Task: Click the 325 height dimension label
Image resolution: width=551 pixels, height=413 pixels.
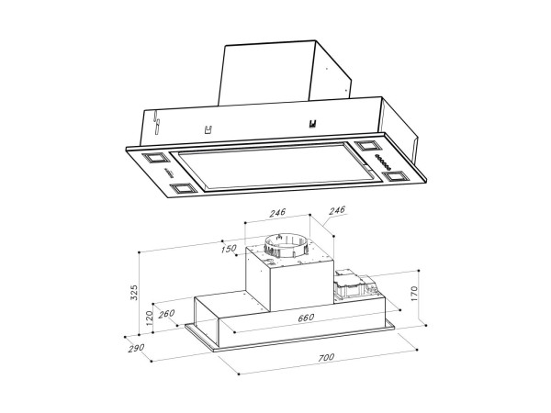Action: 134,293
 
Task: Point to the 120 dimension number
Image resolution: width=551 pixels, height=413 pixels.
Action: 150,318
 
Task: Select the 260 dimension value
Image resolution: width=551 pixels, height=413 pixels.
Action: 166,313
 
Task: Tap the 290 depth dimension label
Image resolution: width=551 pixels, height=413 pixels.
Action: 136,348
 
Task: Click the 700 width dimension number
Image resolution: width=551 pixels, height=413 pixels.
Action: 326,358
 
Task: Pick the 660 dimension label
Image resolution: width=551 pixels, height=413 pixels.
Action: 306,318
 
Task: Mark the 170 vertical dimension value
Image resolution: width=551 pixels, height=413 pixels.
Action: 414,294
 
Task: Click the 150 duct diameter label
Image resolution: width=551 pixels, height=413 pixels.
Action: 229,249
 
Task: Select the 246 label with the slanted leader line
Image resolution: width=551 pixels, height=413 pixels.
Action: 337,210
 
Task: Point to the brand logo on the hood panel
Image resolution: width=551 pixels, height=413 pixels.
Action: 169,173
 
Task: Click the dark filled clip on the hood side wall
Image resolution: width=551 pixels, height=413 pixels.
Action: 312,124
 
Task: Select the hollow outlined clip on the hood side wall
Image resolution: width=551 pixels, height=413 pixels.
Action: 208,129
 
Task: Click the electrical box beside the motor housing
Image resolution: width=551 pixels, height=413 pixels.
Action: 356,285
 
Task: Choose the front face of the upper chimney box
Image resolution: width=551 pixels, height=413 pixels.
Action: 266,74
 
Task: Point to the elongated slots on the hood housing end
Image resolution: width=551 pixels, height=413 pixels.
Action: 156,122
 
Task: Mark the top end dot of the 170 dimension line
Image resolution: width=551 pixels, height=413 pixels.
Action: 419,271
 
